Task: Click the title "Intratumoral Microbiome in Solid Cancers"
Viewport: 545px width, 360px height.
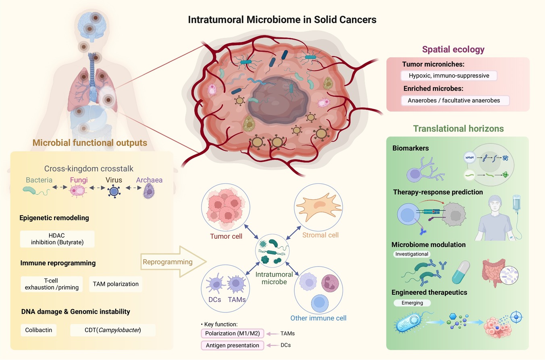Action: [282, 20]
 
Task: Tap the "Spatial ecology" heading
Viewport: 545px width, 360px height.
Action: [453, 49]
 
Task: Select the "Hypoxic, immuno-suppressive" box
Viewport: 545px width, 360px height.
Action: [449, 76]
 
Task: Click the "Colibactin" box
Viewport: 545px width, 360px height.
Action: [38, 330]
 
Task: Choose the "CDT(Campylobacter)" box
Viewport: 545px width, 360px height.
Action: [112, 330]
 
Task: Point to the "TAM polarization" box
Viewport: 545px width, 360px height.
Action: [116, 284]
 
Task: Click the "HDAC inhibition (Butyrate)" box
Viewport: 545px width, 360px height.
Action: [57, 239]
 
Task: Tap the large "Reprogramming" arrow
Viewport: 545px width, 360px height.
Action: [173, 262]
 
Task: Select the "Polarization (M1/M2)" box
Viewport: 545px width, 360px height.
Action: [232, 333]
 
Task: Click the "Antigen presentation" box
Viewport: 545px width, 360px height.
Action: [232, 345]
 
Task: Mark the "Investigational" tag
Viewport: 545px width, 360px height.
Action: [412, 254]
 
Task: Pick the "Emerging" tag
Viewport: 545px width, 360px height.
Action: [412, 303]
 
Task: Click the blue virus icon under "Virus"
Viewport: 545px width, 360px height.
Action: [114, 191]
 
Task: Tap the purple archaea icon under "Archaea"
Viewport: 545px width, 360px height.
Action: [149, 191]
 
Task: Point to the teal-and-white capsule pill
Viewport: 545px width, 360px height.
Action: [461, 272]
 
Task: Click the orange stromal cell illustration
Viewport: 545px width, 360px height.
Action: [318, 207]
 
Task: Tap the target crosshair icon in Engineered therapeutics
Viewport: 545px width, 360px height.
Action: [516, 317]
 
